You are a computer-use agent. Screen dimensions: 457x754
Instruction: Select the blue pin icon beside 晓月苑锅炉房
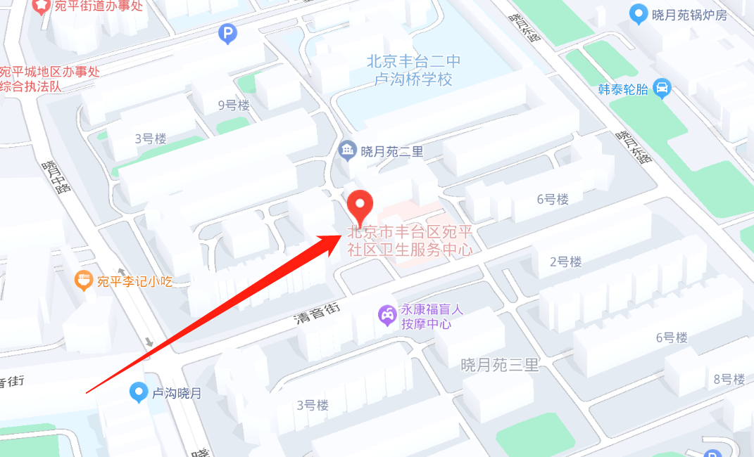(x=639, y=13)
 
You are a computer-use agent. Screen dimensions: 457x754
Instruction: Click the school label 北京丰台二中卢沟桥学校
(x=414, y=70)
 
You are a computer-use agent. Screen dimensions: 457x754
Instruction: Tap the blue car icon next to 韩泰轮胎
(x=662, y=89)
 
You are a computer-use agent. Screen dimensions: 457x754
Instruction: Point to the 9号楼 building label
(x=234, y=105)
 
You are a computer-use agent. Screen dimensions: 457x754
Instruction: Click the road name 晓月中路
(x=56, y=177)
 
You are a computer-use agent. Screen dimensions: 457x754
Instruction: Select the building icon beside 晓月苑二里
(x=346, y=150)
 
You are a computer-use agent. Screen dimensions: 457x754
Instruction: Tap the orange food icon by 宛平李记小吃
(x=84, y=281)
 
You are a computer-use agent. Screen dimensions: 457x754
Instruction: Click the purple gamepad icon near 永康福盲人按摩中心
(x=387, y=315)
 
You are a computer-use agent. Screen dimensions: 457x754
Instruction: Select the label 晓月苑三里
(x=500, y=365)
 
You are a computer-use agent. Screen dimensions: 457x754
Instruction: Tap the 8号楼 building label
(x=729, y=380)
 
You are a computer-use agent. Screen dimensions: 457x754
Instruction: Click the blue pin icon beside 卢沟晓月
(x=139, y=392)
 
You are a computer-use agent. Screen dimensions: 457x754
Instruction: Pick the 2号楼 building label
(x=565, y=262)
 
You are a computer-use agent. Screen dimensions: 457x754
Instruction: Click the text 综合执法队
(x=31, y=86)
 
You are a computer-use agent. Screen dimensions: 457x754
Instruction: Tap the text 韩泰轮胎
(x=623, y=89)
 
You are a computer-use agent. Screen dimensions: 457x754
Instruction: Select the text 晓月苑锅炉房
(x=689, y=14)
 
